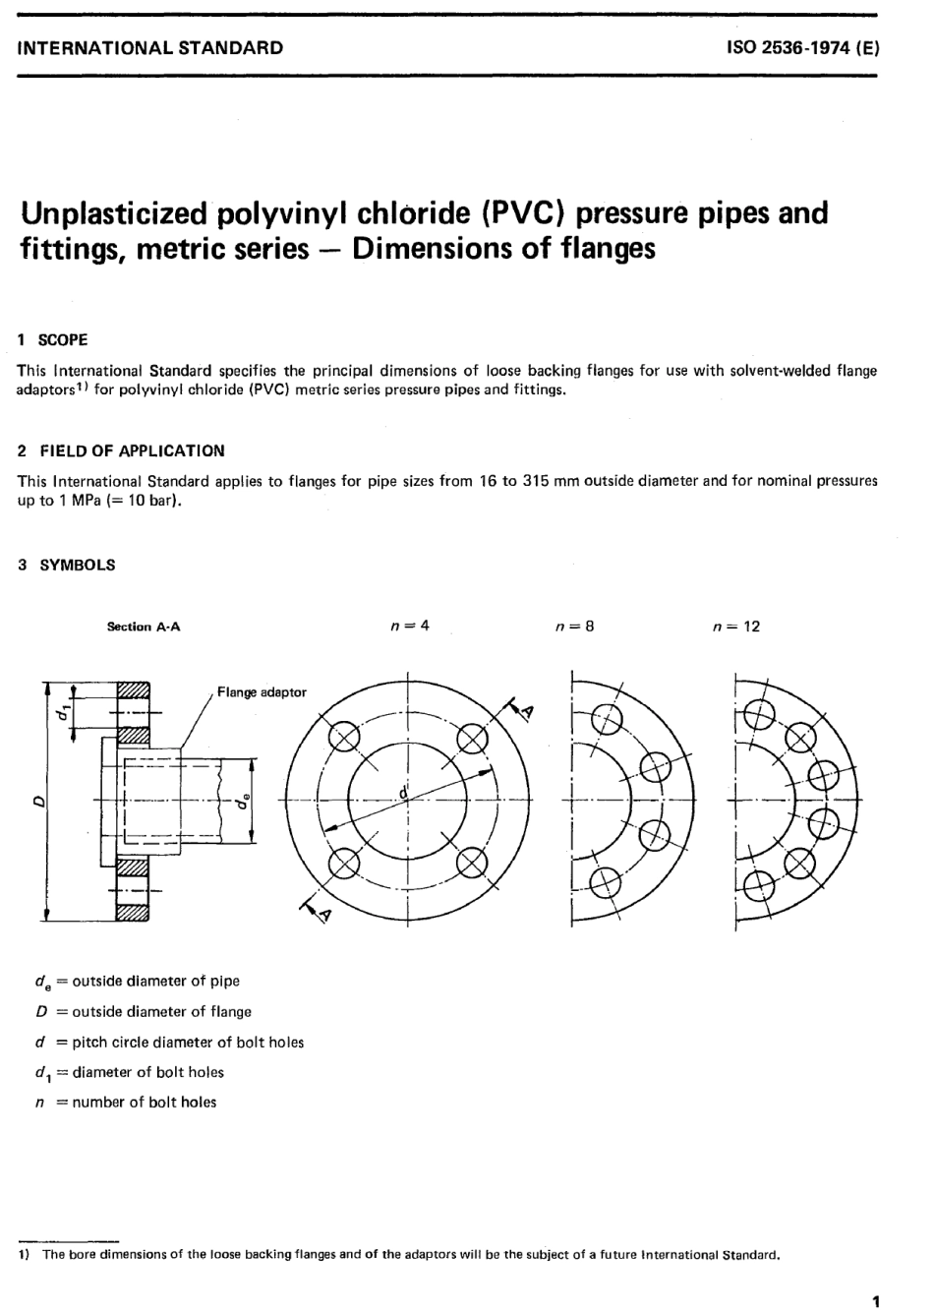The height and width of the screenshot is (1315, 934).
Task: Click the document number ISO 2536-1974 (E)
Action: (801, 47)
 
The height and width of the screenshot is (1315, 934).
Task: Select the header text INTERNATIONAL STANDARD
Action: (150, 47)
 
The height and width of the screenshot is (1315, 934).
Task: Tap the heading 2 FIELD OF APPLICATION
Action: (121, 450)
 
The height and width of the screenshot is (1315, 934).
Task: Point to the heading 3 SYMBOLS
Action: (67, 565)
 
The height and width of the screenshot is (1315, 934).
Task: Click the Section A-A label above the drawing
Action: (144, 627)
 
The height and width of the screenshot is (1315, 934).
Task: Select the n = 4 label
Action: (410, 626)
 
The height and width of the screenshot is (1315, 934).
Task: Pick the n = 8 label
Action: (574, 626)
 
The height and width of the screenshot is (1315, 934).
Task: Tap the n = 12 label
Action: (736, 627)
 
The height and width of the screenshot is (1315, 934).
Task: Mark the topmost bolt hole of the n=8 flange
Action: (607, 722)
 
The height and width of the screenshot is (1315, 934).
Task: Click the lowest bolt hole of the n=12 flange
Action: (757, 885)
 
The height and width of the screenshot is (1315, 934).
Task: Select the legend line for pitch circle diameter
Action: (169, 1042)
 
